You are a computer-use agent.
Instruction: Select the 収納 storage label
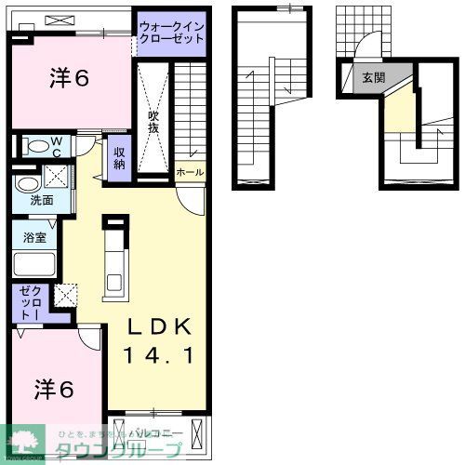tap(120, 158)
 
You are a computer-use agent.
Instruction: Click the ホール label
tap(188, 172)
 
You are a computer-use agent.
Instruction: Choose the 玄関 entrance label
tap(374, 78)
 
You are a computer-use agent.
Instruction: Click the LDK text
tap(160, 326)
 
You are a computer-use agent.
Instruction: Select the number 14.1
tap(160, 355)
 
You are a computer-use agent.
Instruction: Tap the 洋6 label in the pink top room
tap(69, 79)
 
